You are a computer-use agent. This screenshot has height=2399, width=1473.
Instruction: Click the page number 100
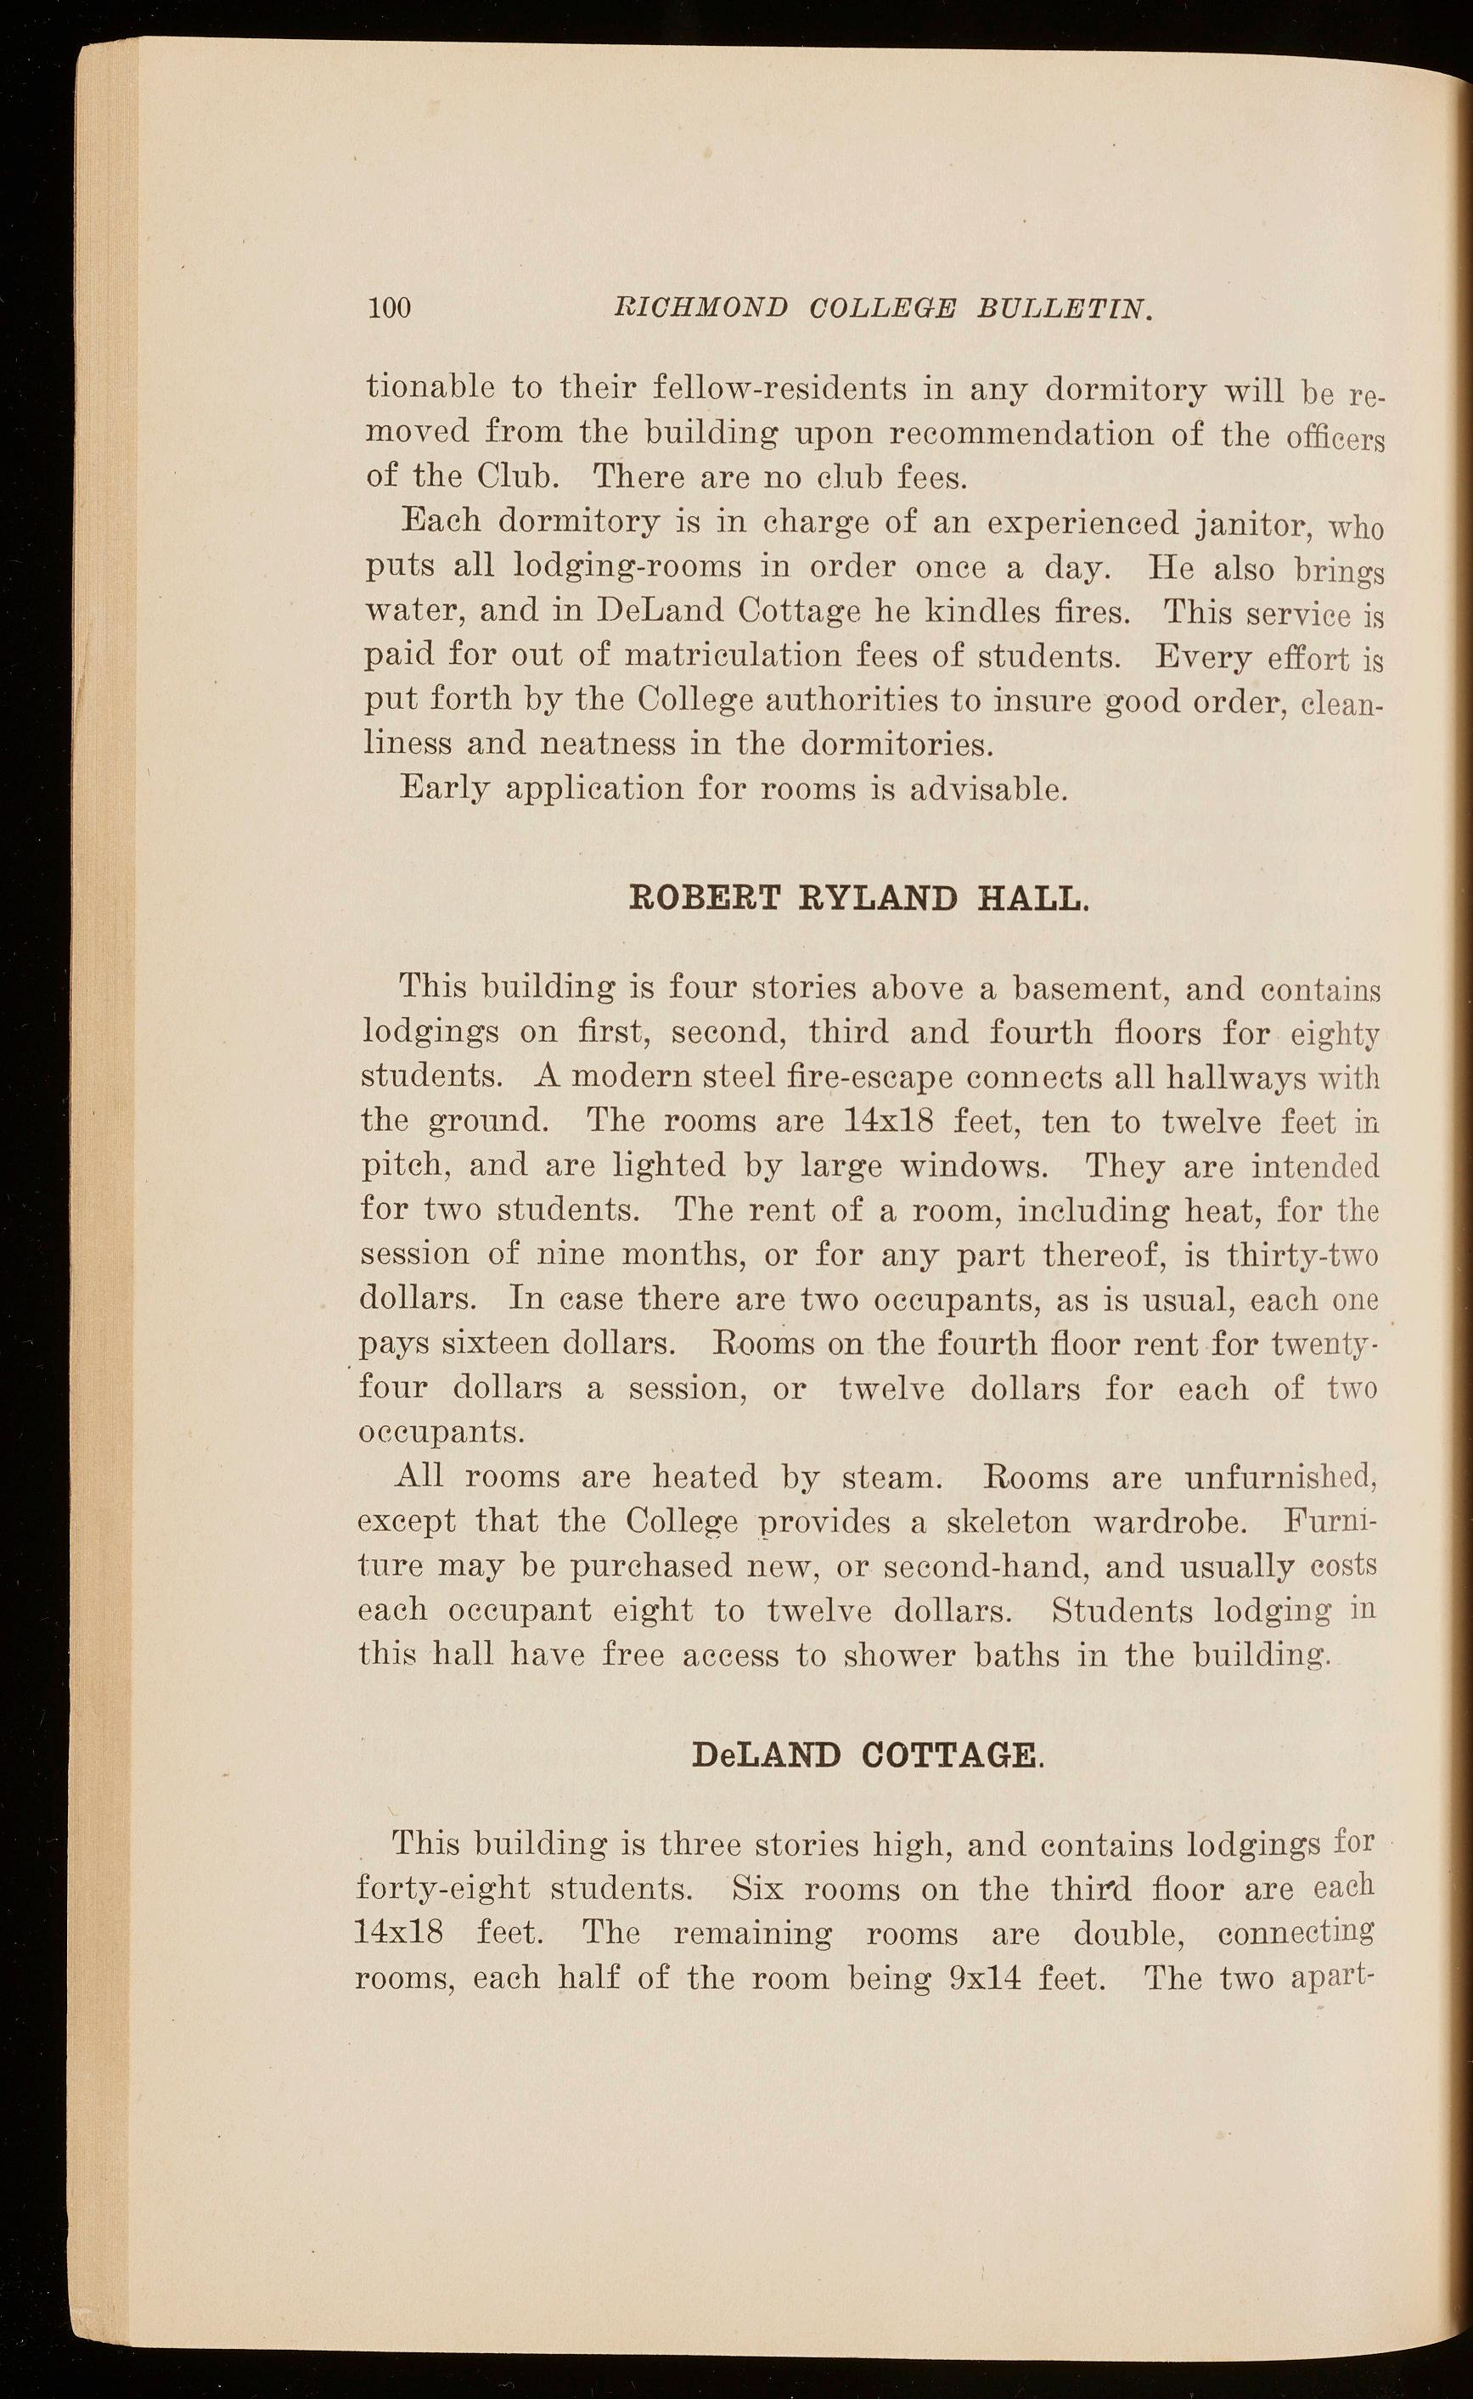click(391, 308)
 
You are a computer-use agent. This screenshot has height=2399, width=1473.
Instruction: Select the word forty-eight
click(443, 1891)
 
